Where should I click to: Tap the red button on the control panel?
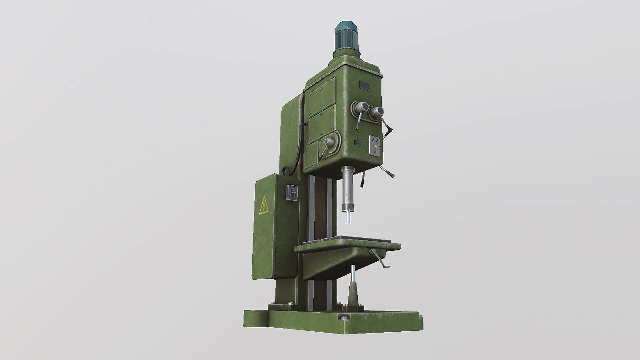click(x=376, y=151)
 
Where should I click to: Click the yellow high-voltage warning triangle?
click(x=264, y=205)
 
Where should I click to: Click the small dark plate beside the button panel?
click(x=358, y=143)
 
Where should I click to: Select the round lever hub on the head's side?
click(x=329, y=142)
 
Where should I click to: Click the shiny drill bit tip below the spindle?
click(x=347, y=218)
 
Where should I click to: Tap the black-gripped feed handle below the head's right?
click(x=389, y=173)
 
